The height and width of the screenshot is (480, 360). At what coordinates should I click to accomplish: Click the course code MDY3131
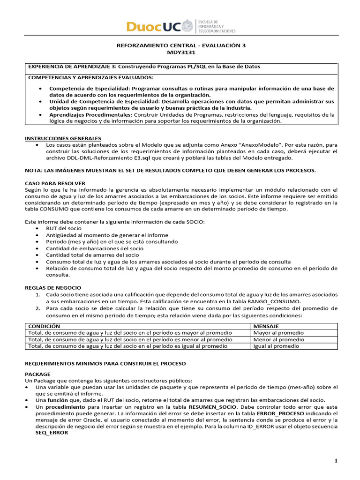click(x=180, y=52)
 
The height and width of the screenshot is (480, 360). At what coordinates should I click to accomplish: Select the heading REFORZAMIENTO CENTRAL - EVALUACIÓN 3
click(x=180, y=46)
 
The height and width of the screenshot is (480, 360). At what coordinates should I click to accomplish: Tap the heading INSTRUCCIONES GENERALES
click(x=62, y=139)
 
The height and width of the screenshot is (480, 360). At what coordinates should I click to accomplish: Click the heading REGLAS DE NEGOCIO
click(x=52, y=287)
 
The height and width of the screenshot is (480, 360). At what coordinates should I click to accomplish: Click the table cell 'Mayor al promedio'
click(x=278, y=333)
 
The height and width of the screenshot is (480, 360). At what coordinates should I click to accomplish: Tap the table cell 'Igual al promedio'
click(x=277, y=346)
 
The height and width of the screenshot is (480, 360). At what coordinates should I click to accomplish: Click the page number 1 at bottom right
click(x=336, y=461)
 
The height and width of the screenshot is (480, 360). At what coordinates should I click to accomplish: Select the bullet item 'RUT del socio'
click(x=64, y=228)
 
